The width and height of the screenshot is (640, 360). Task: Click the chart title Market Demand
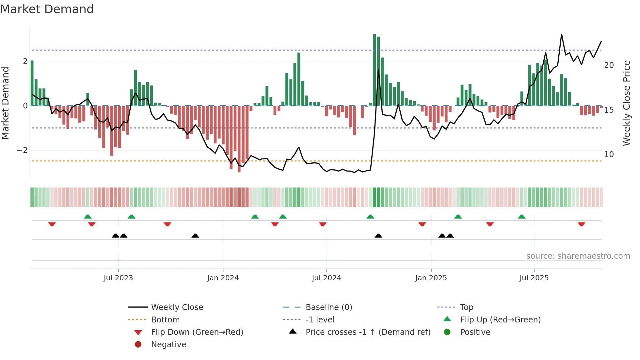coord(47,9)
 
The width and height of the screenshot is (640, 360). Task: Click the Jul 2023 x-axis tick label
coord(118,278)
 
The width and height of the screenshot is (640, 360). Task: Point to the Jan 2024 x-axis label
coord(223,278)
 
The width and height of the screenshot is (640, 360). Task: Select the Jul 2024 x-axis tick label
coord(326,278)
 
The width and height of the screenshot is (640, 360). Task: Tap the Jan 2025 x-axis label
coord(431,278)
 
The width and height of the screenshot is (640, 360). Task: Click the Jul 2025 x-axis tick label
coord(534,278)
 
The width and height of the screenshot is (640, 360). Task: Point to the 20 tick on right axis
coord(609,65)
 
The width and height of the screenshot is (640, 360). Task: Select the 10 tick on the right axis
coord(609,155)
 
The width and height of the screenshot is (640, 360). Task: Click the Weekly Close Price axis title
coord(626,103)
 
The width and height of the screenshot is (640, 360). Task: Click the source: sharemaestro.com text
coord(578,256)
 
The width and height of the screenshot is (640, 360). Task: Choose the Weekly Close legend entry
coord(177,307)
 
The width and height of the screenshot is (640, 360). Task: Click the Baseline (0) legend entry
coord(328,307)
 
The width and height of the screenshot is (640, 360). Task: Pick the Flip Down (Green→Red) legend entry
coord(197,332)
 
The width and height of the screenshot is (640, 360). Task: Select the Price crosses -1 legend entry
coord(368,332)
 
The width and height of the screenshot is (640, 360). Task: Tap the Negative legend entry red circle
coord(138,345)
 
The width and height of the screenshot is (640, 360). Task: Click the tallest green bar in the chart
coord(375,70)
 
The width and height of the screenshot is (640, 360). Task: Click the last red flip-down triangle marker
coord(581,224)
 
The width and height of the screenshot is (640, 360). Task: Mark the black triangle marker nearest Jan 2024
coord(195,236)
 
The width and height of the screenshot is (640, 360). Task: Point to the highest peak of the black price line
coord(562,34)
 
